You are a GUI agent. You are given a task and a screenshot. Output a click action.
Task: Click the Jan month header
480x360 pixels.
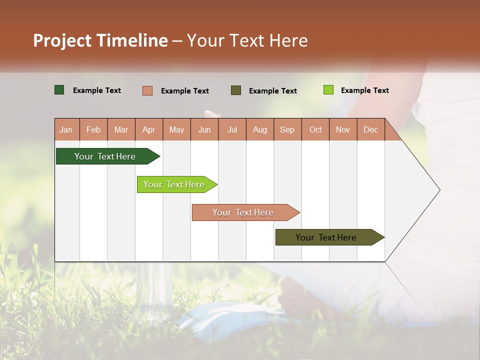coord(66,129)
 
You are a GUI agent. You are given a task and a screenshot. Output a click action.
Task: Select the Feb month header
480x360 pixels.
coord(93,129)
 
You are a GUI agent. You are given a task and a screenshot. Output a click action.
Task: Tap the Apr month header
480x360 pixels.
coord(149,129)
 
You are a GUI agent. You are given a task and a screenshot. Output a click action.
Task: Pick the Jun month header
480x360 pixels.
coord(204,129)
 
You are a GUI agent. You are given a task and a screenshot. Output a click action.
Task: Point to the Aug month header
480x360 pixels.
coord(260,129)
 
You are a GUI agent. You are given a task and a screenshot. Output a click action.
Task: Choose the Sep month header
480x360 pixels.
coord(287,129)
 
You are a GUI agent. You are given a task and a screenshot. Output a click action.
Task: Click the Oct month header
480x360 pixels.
coord(315,129)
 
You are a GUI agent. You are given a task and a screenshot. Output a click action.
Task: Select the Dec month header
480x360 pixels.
coord(371,129)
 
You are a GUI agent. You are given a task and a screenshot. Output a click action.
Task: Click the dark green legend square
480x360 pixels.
coord(59,90)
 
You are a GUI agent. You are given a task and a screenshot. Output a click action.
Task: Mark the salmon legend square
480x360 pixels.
coord(147,90)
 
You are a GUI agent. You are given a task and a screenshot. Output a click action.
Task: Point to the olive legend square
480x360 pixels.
coord(236,90)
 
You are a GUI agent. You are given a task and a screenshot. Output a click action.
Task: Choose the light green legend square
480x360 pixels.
coord(328,90)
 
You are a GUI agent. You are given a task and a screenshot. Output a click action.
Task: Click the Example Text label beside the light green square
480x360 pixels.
coord(364,90)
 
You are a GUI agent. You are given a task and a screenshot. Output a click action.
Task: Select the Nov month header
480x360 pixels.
coord(343,129)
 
